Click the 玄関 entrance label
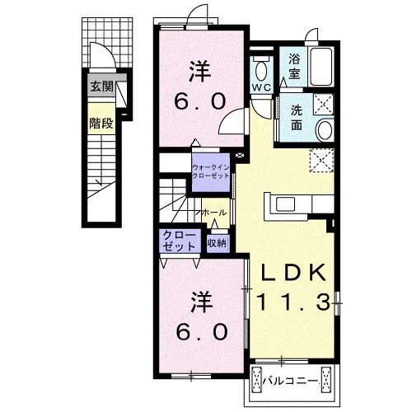(x=102, y=87)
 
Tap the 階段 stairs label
(x=101, y=124)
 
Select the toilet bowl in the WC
(x=261, y=69)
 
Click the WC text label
(x=262, y=87)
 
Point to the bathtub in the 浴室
(x=321, y=67)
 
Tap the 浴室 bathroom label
(x=294, y=67)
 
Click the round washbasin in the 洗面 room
(x=325, y=130)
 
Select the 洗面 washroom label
(x=297, y=118)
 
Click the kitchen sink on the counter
(x=286, y=204)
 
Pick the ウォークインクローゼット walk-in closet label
(x=211, y=171)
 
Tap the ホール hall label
(x=214, y=213)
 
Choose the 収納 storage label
(x=218, y=243)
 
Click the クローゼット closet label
(x=180, y=241)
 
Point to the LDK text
(x=293, y=272)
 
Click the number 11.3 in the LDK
(x=293, y=302)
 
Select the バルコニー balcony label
(x=290, y=381)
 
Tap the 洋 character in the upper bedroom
(x=199, y=72)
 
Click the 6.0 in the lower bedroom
(x=202, y=332)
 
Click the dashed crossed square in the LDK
(x=321, y=161)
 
